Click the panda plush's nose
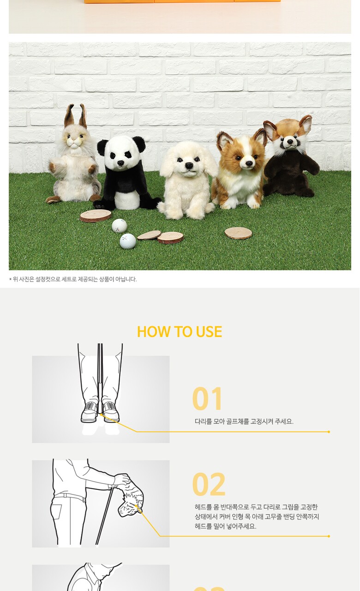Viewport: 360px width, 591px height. [120, 163]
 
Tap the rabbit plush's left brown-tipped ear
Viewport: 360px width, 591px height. [69, 116]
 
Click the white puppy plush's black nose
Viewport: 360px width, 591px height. [189, 165]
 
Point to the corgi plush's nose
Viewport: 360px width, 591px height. [249, 163]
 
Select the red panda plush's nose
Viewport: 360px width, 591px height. [290, 142]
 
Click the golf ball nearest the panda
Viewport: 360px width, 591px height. [120, 226]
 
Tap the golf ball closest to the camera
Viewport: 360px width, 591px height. [128, 241]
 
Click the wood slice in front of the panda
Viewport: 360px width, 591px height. [96, 216]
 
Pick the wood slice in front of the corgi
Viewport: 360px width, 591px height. [239, 233]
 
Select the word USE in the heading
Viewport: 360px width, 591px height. [209, 332]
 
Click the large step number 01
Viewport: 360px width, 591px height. [207, 398]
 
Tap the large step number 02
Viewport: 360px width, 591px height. [209, 484]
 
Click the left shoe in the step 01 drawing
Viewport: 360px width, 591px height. [90, 412]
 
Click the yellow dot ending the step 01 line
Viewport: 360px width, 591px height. [329, 432]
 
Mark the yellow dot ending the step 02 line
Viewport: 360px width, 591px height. [329, 536]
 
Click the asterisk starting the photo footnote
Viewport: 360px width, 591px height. [11, 279]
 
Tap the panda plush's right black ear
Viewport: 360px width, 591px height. [139, 144]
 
